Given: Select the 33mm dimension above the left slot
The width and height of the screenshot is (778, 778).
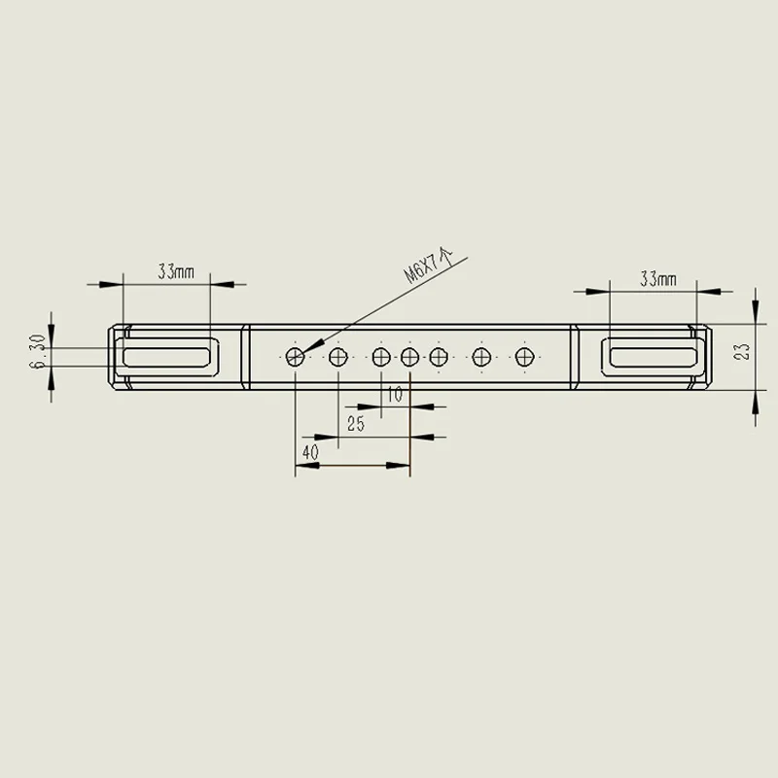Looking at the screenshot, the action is coord(176,272).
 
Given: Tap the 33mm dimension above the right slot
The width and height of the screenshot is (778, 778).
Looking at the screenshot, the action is coord(658,279).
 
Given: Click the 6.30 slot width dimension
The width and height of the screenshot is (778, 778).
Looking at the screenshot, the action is coord(38,352).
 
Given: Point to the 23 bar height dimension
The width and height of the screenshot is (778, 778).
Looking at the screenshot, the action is coord(744,352).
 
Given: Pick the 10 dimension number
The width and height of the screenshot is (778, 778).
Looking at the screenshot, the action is coord(395,395).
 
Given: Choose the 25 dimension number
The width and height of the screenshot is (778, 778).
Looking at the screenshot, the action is coord(356,424).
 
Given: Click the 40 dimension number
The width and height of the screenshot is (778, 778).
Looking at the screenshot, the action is coord(310,452).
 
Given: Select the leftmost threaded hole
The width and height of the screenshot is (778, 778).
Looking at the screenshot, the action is coord(296,357).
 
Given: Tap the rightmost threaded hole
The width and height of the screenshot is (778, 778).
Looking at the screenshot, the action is coord(524,357).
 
